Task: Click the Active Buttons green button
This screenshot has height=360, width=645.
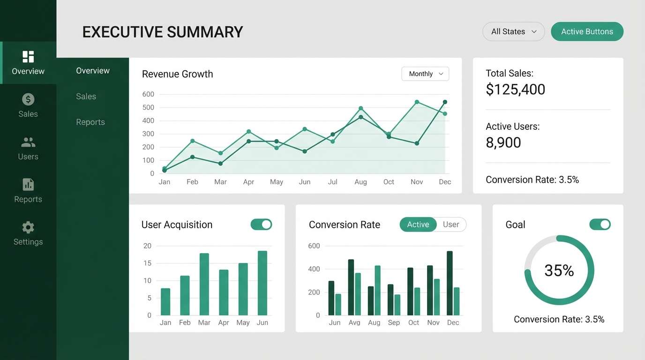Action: pos(587,31)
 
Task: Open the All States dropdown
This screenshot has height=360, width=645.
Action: pos(513,31)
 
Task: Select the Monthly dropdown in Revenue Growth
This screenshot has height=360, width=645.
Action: pos(425,74)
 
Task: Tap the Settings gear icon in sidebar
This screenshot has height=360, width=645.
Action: pos(28,228)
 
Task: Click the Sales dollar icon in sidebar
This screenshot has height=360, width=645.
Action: pos(28,99)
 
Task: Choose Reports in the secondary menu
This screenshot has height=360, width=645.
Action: pos(90,122)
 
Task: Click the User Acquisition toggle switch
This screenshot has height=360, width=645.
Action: pos(261,224)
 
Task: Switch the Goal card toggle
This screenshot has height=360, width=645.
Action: pos(600,224)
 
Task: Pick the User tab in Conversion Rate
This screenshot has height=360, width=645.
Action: pos(451,225)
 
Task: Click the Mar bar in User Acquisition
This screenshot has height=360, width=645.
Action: pos(204,284)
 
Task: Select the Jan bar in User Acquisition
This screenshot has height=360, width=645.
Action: pos(165,301)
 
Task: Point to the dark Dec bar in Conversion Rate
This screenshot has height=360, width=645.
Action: pos(450,283)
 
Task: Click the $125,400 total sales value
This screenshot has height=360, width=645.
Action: pos(515,89)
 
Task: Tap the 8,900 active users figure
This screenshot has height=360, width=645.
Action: pos(503,142)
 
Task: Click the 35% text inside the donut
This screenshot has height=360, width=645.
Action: pos(559,270)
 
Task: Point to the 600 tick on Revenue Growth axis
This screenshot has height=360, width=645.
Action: pos(148,94)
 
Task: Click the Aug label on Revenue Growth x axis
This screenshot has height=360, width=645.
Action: pos(360,182)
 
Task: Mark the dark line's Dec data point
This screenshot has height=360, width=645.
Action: pos(445,102)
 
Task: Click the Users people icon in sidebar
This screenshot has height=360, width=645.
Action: pos(28,142)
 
